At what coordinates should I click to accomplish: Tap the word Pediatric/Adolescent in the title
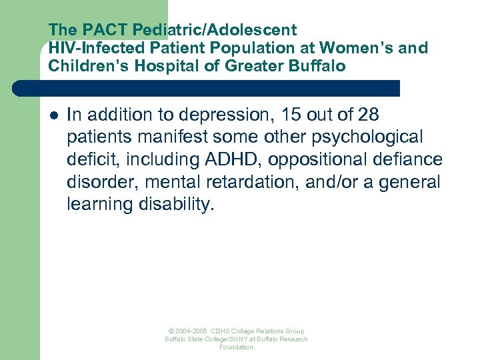click(215, 31)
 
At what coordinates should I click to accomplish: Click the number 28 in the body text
click(367, 115)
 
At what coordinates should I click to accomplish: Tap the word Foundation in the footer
click(236, 347)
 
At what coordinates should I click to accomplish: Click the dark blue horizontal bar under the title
click(220, 88)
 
